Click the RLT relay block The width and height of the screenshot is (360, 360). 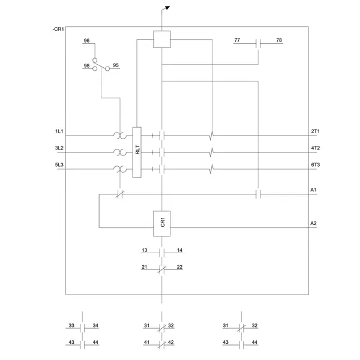coord(137,152)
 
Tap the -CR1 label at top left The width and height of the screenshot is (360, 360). coord(58,29)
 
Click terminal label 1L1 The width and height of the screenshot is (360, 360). coord(59,131)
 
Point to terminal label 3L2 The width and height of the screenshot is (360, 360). coord(59,148)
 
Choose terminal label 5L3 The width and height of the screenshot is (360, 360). coord(59,164)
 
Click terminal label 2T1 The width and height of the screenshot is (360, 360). coord(316,131)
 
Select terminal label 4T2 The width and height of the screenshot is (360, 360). coord(316,148)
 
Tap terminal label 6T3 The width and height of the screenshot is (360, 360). coord(316,164)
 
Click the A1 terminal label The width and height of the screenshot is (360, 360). coord(313,190)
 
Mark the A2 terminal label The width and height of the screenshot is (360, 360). coord(313,223)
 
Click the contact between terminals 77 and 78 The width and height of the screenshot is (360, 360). coord(258,43)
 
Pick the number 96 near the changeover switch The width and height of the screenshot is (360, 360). coord(87,41)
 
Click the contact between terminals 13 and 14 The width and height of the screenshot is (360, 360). coord(162,252)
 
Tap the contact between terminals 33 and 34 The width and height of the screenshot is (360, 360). coord(83,328)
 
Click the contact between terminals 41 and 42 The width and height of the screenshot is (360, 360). coord(162,344)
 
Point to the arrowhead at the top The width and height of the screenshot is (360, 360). coord(167,8)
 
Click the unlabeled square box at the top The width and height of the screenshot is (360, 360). coord(163,40)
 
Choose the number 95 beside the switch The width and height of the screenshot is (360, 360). coord(115,65)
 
